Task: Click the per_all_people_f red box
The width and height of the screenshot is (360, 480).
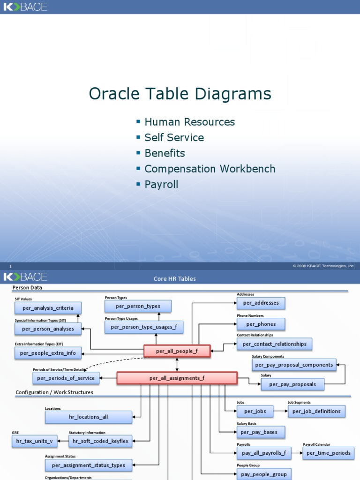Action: click(177, 351)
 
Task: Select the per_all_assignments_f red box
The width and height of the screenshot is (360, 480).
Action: click(177, 378)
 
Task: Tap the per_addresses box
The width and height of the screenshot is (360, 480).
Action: click(261, 303)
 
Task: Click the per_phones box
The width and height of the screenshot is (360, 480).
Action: click(261, 324)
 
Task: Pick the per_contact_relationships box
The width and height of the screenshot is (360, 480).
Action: click(274, 344)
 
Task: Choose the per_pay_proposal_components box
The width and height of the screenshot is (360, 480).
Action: click(294, 365)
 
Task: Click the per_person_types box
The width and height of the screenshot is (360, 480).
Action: click(138, 306)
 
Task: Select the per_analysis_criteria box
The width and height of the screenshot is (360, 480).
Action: click(48, 308)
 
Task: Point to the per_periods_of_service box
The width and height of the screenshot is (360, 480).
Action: click(66, 378)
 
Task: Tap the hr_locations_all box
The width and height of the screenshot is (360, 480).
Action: click(88, 417)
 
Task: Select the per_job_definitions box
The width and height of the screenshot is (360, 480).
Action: click(316, 411)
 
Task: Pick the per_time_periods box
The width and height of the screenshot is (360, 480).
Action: click(328, 453)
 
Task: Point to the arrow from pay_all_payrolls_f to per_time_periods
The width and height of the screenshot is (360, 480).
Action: click(297, 453)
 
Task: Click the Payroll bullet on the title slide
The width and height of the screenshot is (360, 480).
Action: click(161, 185)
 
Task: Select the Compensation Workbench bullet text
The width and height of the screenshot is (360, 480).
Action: click(210, 169)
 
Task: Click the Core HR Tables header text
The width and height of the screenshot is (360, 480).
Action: click(175, 278)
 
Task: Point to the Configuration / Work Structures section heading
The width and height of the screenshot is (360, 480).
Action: click(54, 392)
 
